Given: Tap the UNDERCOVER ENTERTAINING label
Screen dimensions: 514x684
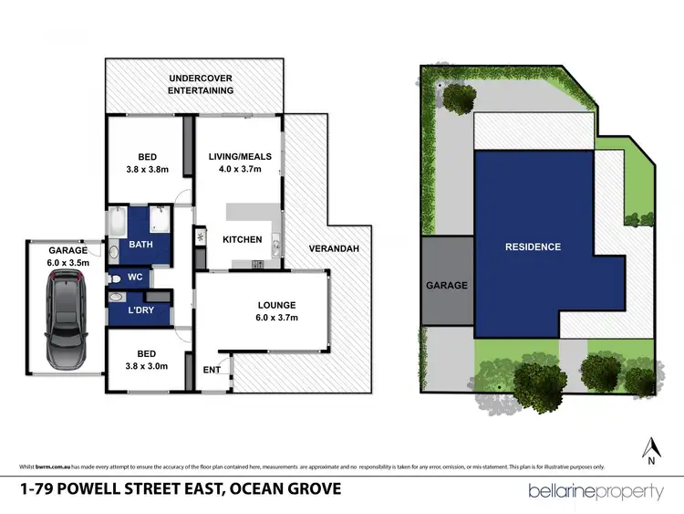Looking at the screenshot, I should tap(201, 85).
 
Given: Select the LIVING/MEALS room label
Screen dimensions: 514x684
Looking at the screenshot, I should tap(241, 162).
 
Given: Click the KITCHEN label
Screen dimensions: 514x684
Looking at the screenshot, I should tap(243, 239).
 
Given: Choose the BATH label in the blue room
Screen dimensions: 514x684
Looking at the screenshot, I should tap(140, 245).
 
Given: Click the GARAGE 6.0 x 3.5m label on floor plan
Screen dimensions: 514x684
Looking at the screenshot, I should tap(68, 257).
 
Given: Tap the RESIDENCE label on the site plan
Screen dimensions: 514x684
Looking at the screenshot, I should tap(534, 247).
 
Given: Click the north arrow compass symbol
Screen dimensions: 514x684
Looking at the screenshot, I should tap(651, 450).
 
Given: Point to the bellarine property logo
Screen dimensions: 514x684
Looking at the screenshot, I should tap(596, 491).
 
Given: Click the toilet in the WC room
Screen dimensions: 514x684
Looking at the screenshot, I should tap(115, 278).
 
